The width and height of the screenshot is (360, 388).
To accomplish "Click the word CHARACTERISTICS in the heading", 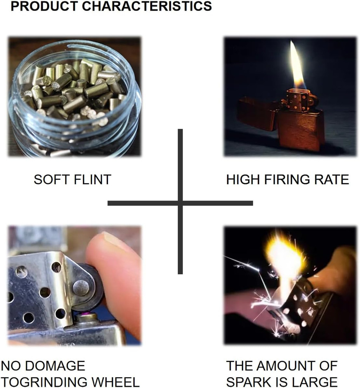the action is pos(147,6).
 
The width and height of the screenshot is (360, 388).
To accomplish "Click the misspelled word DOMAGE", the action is pos(55,366).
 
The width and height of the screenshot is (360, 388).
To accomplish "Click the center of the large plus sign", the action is pos(180,203).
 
